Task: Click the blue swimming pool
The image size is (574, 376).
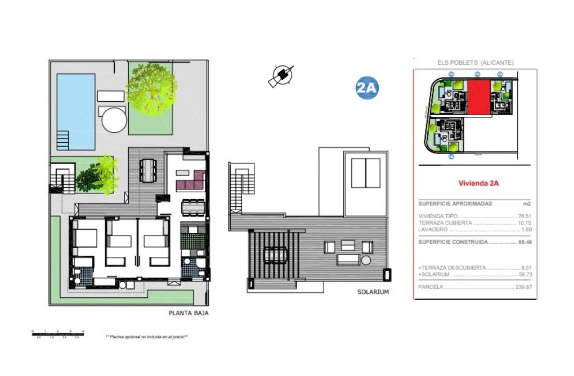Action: point(75,111)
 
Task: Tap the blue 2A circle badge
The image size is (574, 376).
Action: point(367,88)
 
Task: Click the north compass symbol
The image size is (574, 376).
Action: point(281,76)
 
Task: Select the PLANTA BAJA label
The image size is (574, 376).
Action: point(189,314)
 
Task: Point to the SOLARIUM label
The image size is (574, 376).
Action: point(373,292)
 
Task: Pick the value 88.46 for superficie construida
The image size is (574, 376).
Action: point(524,242)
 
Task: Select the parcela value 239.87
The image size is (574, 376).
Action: point(523,287)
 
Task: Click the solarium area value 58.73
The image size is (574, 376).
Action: point(524,275)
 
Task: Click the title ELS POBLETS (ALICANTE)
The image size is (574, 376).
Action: point(476,63)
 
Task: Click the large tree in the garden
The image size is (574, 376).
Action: point(151,88)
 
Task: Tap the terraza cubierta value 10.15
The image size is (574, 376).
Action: point(524,223)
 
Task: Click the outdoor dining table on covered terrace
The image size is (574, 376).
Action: point(147,170)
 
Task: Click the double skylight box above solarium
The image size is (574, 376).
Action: point(366,173)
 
